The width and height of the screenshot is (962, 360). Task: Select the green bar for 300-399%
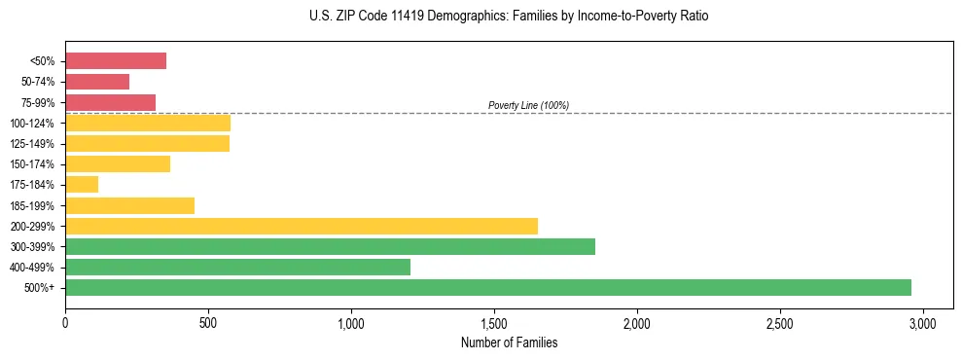(330, 246)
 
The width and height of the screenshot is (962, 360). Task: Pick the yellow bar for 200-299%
(302, 226)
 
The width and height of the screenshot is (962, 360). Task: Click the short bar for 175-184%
(82, 184)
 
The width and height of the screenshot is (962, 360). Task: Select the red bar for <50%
(116, 61)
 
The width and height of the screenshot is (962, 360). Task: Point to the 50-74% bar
(97, 82)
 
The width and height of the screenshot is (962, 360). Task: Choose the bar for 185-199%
(129, 205)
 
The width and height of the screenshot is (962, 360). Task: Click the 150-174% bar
(118, 163)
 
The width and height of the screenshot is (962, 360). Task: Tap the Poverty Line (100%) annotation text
(528, 105)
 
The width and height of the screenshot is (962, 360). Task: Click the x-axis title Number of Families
(509, 342)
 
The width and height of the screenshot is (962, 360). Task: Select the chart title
(509, 17)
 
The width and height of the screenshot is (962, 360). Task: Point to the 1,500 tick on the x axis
(494, 321)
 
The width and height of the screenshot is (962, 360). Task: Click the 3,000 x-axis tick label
(923, 321)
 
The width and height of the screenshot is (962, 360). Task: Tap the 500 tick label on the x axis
(208, 321)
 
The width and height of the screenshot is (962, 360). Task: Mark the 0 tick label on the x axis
(65, 321)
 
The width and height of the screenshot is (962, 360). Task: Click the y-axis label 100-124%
(32, 124)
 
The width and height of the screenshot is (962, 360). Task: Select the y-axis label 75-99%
(37, 103)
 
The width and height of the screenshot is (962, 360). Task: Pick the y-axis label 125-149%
(32, 144)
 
